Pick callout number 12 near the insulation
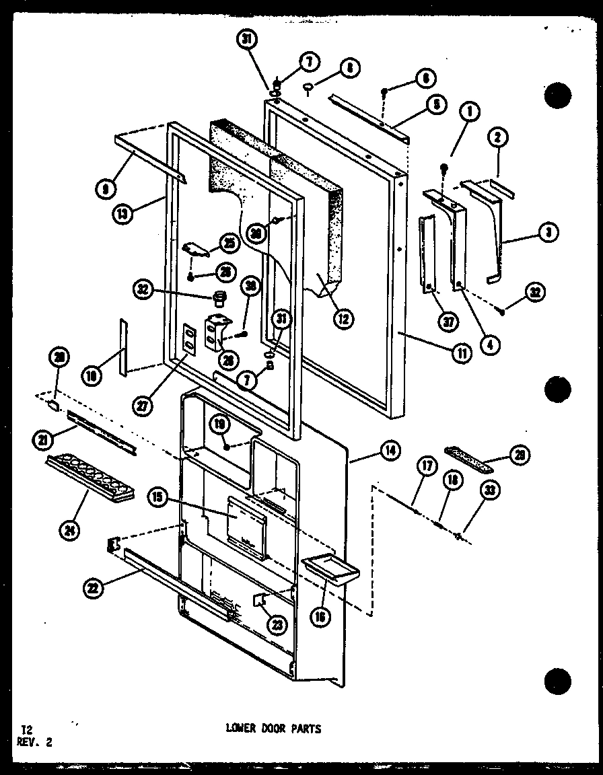[x=344, y=320]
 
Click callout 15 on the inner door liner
[x=157, y=498]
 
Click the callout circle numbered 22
[x=93, y=587]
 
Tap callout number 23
[x=277, y=625]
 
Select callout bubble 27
[x=144, y=406]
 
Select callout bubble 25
[x=227, y=242]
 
